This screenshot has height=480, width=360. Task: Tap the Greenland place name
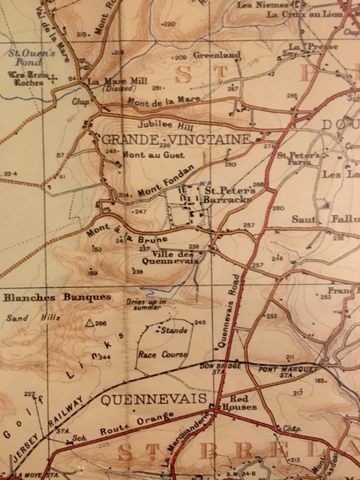[x=216, y=56]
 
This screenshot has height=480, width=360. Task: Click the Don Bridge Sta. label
[x=218, y=369]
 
